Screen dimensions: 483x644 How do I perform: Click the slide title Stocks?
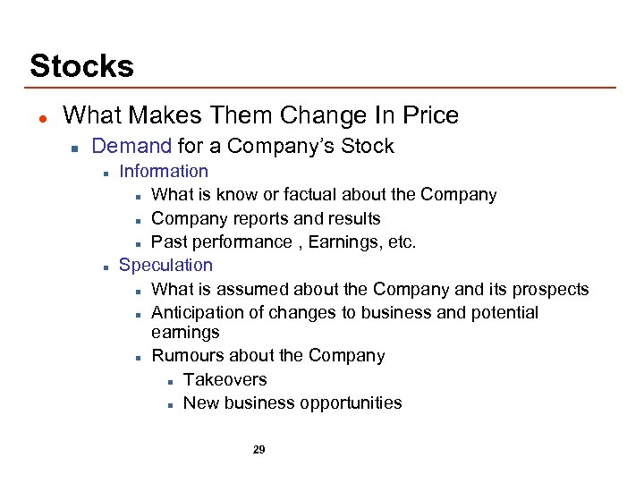coord(81,66)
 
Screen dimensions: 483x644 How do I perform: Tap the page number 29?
coord(259,450)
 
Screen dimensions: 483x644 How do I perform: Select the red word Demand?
coord(131,146)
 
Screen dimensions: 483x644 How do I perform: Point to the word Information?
coord(164,171)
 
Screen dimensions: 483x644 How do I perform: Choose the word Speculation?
coord(165,265)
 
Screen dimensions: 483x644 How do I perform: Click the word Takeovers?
coord(225,379)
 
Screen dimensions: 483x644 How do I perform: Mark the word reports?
coord(259,218)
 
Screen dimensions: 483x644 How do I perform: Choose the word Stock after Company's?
coord(369,146)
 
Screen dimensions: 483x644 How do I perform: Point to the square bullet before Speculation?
coord(106,266)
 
